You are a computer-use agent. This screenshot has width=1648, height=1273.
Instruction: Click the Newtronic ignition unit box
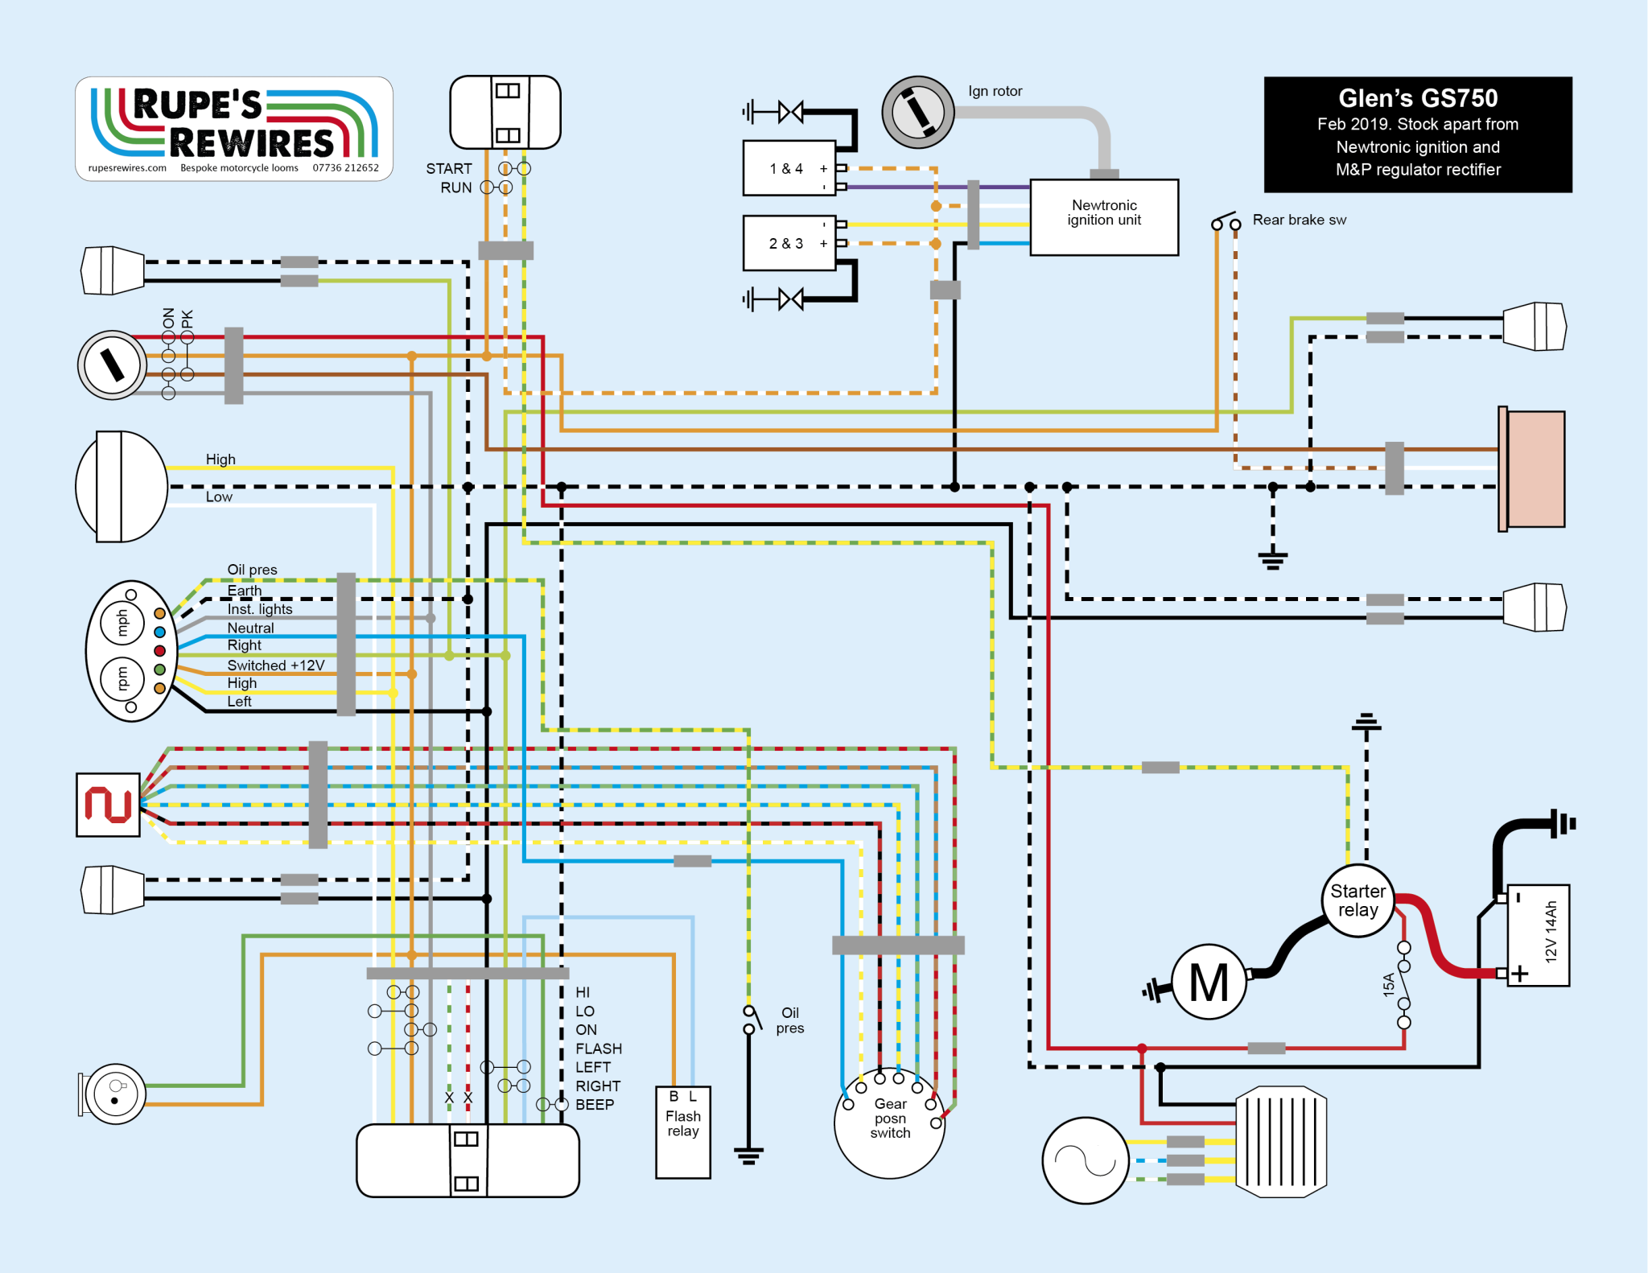[1103, 217]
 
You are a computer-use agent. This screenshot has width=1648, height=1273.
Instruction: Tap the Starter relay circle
[1358, 900]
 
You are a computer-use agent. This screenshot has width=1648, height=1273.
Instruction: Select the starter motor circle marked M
[1208, 982]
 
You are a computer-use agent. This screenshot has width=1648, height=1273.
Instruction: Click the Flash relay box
[682, 1131]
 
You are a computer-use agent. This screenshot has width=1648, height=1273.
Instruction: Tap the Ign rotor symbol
[917, 112]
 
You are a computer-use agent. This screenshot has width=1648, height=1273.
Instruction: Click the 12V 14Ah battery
[1537, 934]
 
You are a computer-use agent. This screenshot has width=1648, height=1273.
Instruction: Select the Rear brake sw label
[1298, 220]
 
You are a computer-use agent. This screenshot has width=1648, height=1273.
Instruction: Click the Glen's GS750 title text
[1417, 99]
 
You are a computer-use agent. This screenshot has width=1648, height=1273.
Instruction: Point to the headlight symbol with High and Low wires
[121, 486]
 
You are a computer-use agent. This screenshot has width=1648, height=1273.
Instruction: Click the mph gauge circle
[122, 622]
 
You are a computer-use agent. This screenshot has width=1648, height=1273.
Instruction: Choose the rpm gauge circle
[122, 678]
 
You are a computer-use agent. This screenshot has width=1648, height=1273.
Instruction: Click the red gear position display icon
[108, 805]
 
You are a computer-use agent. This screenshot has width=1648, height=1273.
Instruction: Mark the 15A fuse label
[1388, 984]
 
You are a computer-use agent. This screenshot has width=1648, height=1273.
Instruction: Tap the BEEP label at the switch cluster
[595, 1105]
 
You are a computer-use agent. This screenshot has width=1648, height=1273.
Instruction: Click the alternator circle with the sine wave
[1085, 1160]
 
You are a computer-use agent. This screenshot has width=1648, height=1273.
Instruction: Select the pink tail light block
[1535, 469]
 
